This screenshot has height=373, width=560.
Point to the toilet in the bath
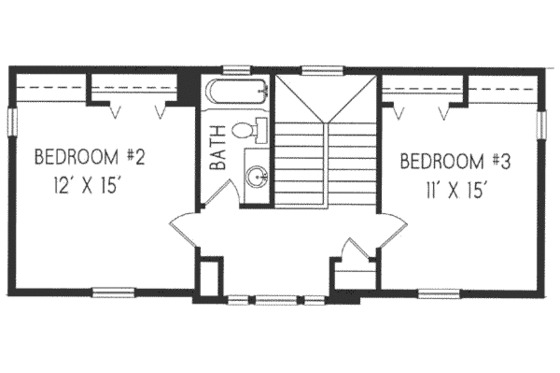(250, 129)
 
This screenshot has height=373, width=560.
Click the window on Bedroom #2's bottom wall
(113, 292)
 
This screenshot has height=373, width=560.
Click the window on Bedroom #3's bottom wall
(439, 292)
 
